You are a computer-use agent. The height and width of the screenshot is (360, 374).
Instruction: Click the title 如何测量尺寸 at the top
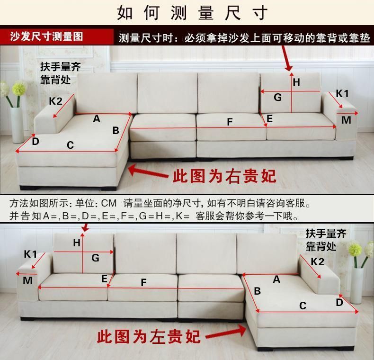[x=192, y=13]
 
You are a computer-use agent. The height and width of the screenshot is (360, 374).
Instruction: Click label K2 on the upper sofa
[x=56, y=101]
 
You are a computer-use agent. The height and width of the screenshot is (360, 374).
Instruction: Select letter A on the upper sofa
[x=97, y=119]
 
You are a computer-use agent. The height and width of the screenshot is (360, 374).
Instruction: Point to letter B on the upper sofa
[x=116, y=130]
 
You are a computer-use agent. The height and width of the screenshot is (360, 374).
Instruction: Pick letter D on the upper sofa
[x=36, y=141]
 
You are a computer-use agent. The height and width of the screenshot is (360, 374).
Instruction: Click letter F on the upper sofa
[x=230, y=122]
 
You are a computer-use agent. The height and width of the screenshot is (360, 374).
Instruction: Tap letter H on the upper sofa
[x=296, y=82]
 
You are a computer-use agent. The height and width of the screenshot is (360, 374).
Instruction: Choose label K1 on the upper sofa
[x=342, y=94]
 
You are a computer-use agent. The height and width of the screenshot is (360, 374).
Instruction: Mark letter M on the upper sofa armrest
[x=347, y=120]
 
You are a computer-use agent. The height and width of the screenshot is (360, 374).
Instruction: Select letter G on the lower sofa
[x=96, y=258]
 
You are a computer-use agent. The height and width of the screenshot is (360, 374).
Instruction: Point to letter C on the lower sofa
[x=303, y=306]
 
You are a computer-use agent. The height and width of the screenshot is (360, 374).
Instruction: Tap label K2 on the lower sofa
[x=318, y=261]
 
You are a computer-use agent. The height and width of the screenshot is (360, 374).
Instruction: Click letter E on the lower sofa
[x=105, y=279]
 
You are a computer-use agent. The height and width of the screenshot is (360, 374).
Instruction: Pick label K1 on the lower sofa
[x=31, y=254]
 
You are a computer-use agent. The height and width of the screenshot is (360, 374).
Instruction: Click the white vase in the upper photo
[x=18, y=124]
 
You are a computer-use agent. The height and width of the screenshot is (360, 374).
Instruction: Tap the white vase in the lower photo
[x=356, y=284]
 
